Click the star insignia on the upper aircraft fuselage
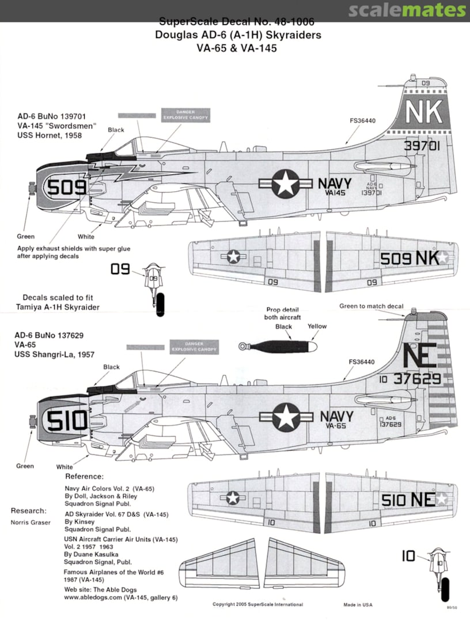(284, 184)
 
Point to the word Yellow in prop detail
(317, 327)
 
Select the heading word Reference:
(84, 477)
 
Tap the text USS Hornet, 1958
(50, 136)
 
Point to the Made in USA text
(358, 604)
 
